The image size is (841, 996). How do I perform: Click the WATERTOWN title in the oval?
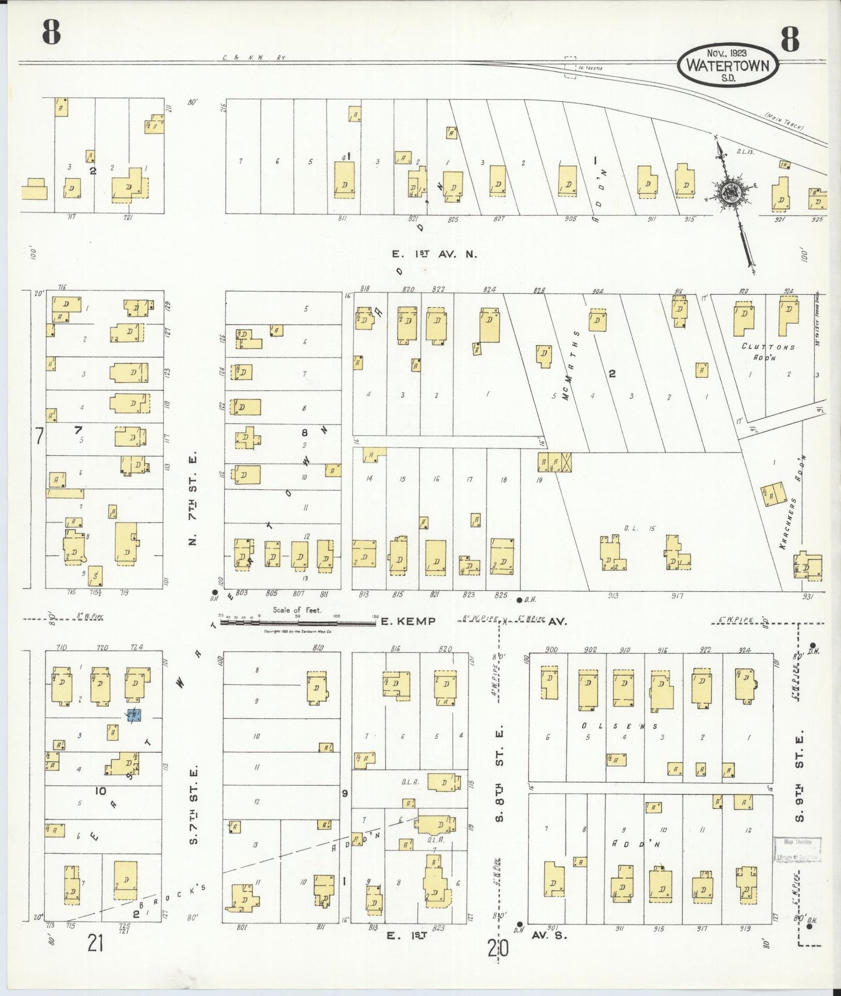[728, 65]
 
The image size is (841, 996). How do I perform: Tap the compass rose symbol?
[729, 192]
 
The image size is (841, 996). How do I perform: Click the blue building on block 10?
[134, 715]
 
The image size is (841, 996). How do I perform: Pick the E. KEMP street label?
[408, 621]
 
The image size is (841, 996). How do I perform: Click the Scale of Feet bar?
[297, 622]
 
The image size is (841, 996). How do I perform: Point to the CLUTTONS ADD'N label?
[768, 351]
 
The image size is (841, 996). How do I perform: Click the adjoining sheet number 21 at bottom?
[95, 942]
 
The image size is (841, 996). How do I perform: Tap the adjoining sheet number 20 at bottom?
[498, 949]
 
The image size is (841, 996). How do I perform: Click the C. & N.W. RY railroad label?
[254, 58]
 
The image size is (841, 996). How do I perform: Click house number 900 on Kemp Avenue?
[551, 649]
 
